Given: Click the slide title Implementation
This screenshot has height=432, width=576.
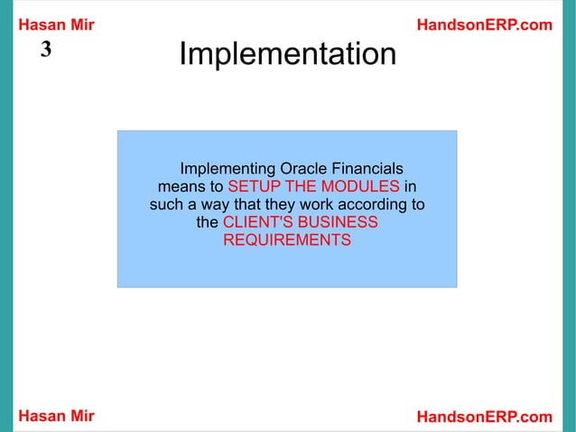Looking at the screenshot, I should (x=287, y=55).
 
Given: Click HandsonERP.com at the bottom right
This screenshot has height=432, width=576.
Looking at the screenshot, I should (x=484, y=416).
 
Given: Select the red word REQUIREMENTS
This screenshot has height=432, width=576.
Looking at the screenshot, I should (x=287, y=241).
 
